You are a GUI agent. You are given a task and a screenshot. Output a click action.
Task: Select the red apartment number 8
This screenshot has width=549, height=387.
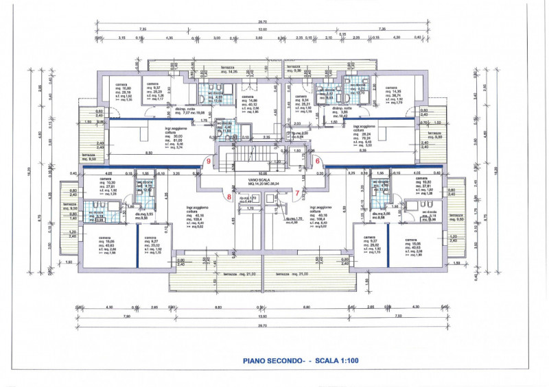tap(229, 197)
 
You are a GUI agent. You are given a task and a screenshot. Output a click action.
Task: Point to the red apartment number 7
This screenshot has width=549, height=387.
tap(296, 194)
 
